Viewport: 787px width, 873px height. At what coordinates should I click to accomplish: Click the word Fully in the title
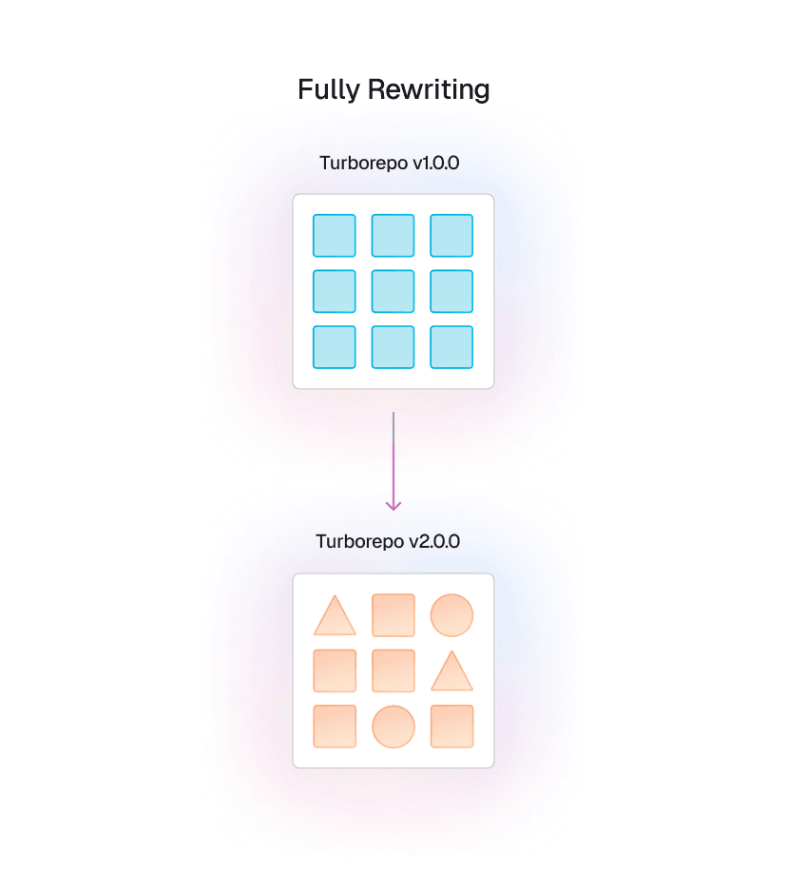(328, 90)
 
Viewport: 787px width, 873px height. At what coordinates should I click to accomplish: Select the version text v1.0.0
(435, 163)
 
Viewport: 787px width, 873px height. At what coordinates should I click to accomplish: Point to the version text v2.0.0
(434, 542)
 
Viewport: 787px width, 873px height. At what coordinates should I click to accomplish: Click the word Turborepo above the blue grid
(362, 163)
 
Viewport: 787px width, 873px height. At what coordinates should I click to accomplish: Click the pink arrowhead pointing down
(393, 504)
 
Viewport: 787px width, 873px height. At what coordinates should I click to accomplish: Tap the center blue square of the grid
(393, 291)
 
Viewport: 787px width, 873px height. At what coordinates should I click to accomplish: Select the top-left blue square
(335, 235)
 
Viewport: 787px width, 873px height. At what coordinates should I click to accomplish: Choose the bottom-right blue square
(451, 347)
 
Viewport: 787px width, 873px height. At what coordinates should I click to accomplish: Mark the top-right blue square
(451, 235)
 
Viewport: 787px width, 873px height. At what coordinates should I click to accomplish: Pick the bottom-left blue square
(335, 347)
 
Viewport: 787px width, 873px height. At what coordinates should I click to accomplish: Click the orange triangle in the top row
(335, 618)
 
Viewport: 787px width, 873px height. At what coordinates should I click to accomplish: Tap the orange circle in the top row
(451, 614)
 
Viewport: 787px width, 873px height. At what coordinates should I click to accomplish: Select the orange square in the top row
(393, 614)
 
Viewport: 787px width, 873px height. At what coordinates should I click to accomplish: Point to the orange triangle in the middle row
(451, 673)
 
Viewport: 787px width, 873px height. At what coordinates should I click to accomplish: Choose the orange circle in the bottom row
(393, 727)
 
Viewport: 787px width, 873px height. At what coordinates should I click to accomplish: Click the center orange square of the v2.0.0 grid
(393, 670)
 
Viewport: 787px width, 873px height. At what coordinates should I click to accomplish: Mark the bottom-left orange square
(335, 727)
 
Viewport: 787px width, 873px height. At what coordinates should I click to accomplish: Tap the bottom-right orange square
(451, 727)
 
